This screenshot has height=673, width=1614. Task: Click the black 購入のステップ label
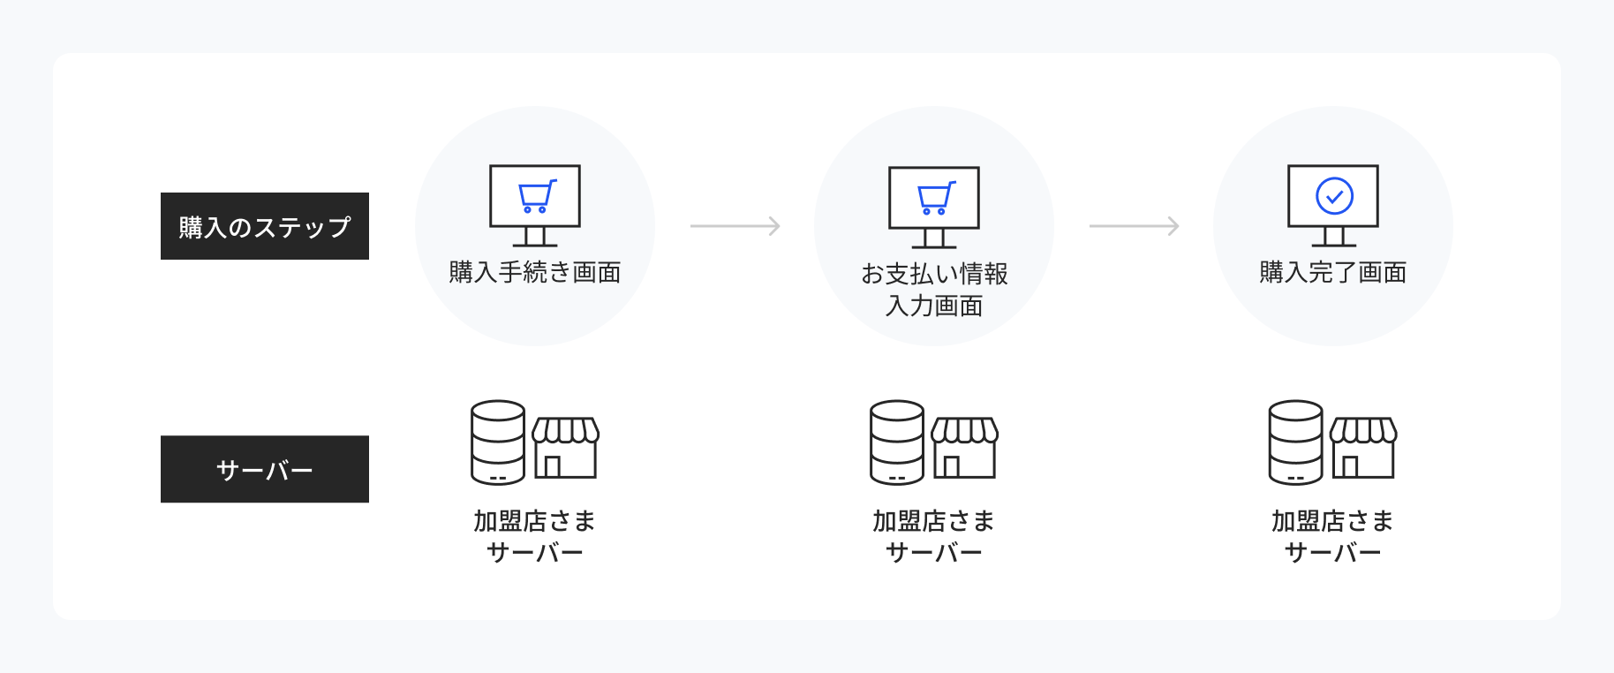coord(265,226)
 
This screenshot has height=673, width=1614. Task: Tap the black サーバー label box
coord(265,469)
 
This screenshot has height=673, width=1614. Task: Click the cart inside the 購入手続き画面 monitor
coord(537,196)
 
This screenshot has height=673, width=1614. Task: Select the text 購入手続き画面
coord(535,272)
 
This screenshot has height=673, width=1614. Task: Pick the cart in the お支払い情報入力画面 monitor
coord(936,198)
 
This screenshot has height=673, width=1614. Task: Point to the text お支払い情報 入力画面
coord(934,290)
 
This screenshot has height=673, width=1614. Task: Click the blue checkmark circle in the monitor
coord(1334,196)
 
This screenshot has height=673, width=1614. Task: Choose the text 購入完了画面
coord(1333,272)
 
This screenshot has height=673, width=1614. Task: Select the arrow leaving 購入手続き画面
coord(735,226)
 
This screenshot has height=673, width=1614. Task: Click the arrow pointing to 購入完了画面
coord(1135,226)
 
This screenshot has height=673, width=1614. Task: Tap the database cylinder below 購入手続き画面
coord(498,442)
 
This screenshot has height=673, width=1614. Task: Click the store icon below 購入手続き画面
coord(566,448)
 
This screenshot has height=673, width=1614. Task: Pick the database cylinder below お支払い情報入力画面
coord(897,442)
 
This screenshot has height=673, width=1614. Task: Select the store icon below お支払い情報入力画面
coord(965,448)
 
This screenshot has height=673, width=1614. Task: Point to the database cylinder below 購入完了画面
coord(1296,442)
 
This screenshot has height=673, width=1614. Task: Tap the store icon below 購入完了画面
coord(1364,448)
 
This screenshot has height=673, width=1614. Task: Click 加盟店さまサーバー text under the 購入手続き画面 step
coord(535,537)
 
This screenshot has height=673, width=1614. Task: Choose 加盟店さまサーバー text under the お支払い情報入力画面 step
coord(934,537)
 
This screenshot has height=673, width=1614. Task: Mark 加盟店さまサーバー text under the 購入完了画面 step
coord(1333,537)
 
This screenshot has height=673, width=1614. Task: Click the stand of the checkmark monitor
coord(1334,237)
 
